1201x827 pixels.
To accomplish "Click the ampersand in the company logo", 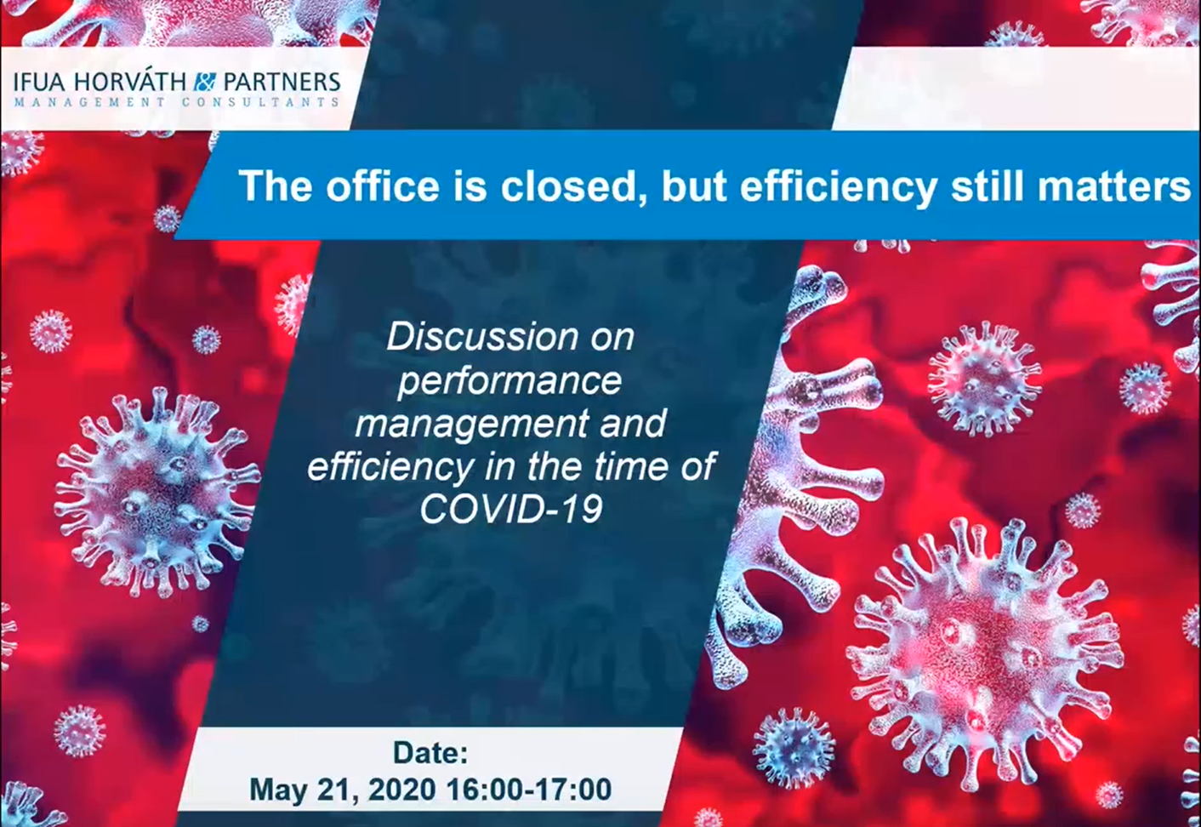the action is click(x=205, y=82).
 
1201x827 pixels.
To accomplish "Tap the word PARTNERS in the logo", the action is click(x=282, y=82).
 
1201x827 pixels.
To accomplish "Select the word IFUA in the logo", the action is click(x=39, y=83).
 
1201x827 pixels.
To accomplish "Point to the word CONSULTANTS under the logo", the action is click(x=260, y=102).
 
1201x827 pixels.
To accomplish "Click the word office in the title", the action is click(x=382, y=186).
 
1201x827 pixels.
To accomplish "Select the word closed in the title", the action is click(x=572, y=186).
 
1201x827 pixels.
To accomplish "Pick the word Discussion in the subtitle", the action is click(x=482, y=337).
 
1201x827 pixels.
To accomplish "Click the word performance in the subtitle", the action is click(x=509, y=382).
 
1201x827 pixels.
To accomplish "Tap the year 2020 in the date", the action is click(x=402, y=790).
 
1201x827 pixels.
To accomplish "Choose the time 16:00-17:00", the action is click(x=529, y=790).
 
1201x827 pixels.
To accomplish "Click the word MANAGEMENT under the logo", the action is click(x=89, y=102).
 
